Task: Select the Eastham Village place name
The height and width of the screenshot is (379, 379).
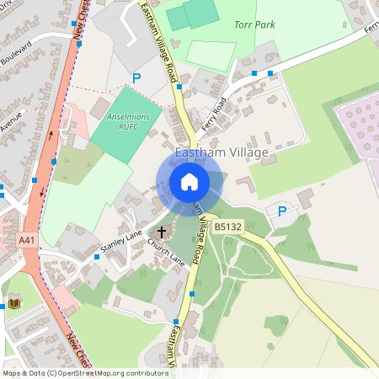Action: [x=222, y=152]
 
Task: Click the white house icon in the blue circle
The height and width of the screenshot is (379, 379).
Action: [x=189, y=181]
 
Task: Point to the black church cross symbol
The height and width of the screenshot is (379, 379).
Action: [x=162, y=232]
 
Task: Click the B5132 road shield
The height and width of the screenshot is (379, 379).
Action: [x=228, y=227]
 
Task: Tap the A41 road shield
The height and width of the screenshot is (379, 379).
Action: [x=27, y=241]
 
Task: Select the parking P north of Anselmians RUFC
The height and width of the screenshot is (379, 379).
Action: [x=136, y=77]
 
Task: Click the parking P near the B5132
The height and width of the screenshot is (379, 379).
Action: [x=282, y=211]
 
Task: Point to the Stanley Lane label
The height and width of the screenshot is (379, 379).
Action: [x=121, y=243]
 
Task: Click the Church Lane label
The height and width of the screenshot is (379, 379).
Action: [x=166, y=254]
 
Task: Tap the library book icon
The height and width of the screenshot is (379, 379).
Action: [x=14, y=302]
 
